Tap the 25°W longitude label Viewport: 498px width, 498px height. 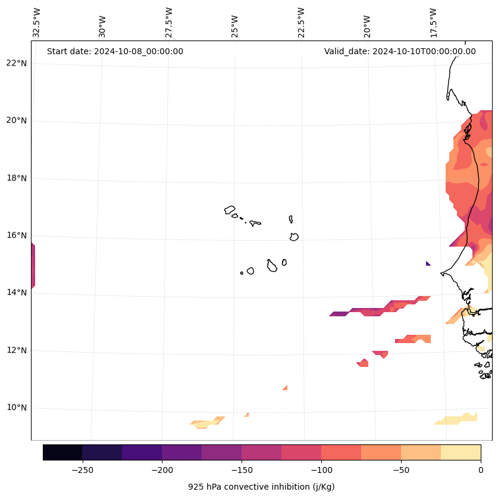coord(235,23)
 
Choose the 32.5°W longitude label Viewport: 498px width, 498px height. coord(37,23)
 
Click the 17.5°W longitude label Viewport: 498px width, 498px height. coord(433,23)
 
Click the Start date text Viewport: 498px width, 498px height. coord(115,51)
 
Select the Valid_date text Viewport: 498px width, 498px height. coord(400,51)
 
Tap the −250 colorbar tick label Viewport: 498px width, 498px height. coord(82,469)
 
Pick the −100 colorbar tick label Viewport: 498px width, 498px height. coord(321,469)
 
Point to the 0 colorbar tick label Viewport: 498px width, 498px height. coord(480,469)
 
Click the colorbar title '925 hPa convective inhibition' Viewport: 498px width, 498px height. coord(261,487)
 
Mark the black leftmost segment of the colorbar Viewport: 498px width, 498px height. coord(62,452)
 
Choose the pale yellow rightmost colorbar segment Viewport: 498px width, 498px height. coord(461,452)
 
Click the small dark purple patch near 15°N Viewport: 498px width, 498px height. coord(428,263)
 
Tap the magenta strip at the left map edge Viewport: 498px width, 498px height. coord(33,266)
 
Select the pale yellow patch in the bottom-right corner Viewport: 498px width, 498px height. coord(458,419)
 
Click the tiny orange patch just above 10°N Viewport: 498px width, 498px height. coord(285,388)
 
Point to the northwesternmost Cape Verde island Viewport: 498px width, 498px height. coord(230,210)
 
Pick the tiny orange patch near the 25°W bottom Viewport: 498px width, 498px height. coord(246,415)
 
